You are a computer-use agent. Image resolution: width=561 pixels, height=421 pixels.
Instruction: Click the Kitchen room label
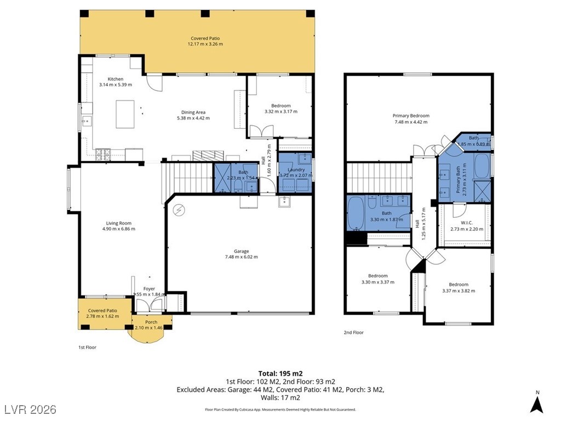(x=116, y=79)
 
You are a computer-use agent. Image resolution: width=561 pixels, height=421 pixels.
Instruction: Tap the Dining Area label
(x=193, y=112)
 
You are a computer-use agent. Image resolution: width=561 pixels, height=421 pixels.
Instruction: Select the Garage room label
(x=242, y=251)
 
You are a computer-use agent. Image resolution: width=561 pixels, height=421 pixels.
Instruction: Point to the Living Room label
(x=119, y=224)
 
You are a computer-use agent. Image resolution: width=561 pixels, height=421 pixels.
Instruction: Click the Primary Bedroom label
(x=411, y=116)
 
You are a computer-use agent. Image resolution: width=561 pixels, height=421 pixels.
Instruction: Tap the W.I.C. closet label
(x=467, y=223)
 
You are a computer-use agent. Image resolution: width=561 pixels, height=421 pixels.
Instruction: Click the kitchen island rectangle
(x=125, y=114)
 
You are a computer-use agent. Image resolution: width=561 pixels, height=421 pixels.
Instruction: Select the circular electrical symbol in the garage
(x=179, y=210)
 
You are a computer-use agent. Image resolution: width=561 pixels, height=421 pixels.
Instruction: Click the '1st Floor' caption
(x=87, y=347)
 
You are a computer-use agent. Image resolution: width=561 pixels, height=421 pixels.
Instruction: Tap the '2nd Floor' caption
(x=353, y=333)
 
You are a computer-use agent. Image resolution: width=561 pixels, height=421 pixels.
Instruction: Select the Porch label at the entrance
(x=151, y=322)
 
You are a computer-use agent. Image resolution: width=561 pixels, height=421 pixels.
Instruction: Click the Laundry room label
(x=296, y=170)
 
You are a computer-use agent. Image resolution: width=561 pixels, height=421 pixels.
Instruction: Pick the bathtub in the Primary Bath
(x=482, y=166)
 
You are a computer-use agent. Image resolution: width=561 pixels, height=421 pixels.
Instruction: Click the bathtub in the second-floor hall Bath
(x=355, y=213)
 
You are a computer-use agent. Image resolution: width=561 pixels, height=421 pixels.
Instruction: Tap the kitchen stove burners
(x=104, y=154)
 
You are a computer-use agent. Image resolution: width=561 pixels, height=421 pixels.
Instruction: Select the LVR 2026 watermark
(x=31, y=409)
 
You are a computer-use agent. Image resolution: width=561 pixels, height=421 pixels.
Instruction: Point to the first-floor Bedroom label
(x=281, y=106)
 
